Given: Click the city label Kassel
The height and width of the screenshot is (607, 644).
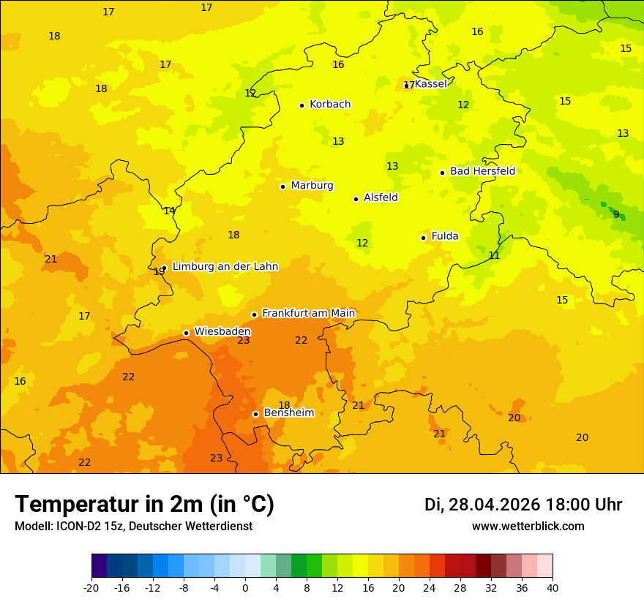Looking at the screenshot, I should [x=430, y=84].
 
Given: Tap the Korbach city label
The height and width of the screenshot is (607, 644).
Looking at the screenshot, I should [x=329, y=105].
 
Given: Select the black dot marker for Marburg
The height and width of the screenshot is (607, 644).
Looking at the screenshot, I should [x=282, y=186].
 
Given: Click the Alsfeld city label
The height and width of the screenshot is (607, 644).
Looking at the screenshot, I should [x=381, y=197].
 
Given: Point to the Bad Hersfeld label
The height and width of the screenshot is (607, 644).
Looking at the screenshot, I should [x=482, y=171].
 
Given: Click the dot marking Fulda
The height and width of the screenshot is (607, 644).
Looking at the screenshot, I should [x=423, y=238].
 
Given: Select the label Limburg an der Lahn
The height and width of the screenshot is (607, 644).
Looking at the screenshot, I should [x=225, y=267].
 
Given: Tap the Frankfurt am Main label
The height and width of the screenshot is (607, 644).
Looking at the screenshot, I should [x=308, y=313].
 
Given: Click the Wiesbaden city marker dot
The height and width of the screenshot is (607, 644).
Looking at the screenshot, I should [x=186, y=333].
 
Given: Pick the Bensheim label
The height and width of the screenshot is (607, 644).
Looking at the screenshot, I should [x=288, y=412].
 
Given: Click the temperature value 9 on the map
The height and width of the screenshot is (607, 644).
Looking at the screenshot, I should [x=616, y=214].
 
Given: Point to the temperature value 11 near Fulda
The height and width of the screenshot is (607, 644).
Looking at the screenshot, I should [x=494, y=255].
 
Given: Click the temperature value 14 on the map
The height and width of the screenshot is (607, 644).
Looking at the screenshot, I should [x=169, y=211].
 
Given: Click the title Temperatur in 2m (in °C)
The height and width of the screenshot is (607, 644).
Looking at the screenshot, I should [x=144, y=504].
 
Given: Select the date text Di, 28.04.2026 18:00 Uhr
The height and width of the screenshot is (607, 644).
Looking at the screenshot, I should [x=523, y=505].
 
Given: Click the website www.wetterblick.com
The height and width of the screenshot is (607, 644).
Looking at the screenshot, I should [x=528, y=527].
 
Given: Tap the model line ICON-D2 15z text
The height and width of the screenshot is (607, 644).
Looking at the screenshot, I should [x=133, y=527].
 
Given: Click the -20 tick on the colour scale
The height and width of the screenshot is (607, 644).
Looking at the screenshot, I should [x=91, y=587].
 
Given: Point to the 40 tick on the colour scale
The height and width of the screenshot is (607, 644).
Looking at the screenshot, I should [x=553, y=587].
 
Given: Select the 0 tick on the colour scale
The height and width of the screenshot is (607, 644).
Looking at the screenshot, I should [x=245, y=587].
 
